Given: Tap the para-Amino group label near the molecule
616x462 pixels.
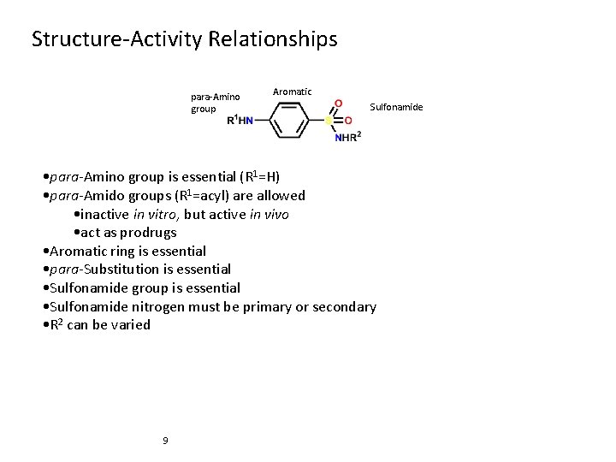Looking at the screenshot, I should (215, 103).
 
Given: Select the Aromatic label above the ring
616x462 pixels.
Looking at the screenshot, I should (292, 92).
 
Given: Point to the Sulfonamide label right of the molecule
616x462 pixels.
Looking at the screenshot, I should (395, 107).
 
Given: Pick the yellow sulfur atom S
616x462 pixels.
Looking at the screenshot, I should (328, 121).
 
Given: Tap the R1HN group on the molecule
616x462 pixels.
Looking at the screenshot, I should (240, 121).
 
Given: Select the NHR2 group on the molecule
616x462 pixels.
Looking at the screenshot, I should (347, 137).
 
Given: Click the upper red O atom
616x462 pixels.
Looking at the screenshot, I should (338, 104).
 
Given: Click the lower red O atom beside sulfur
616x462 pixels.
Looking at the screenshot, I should (348, 121).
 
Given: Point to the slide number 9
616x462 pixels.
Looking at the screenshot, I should (165, 441).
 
